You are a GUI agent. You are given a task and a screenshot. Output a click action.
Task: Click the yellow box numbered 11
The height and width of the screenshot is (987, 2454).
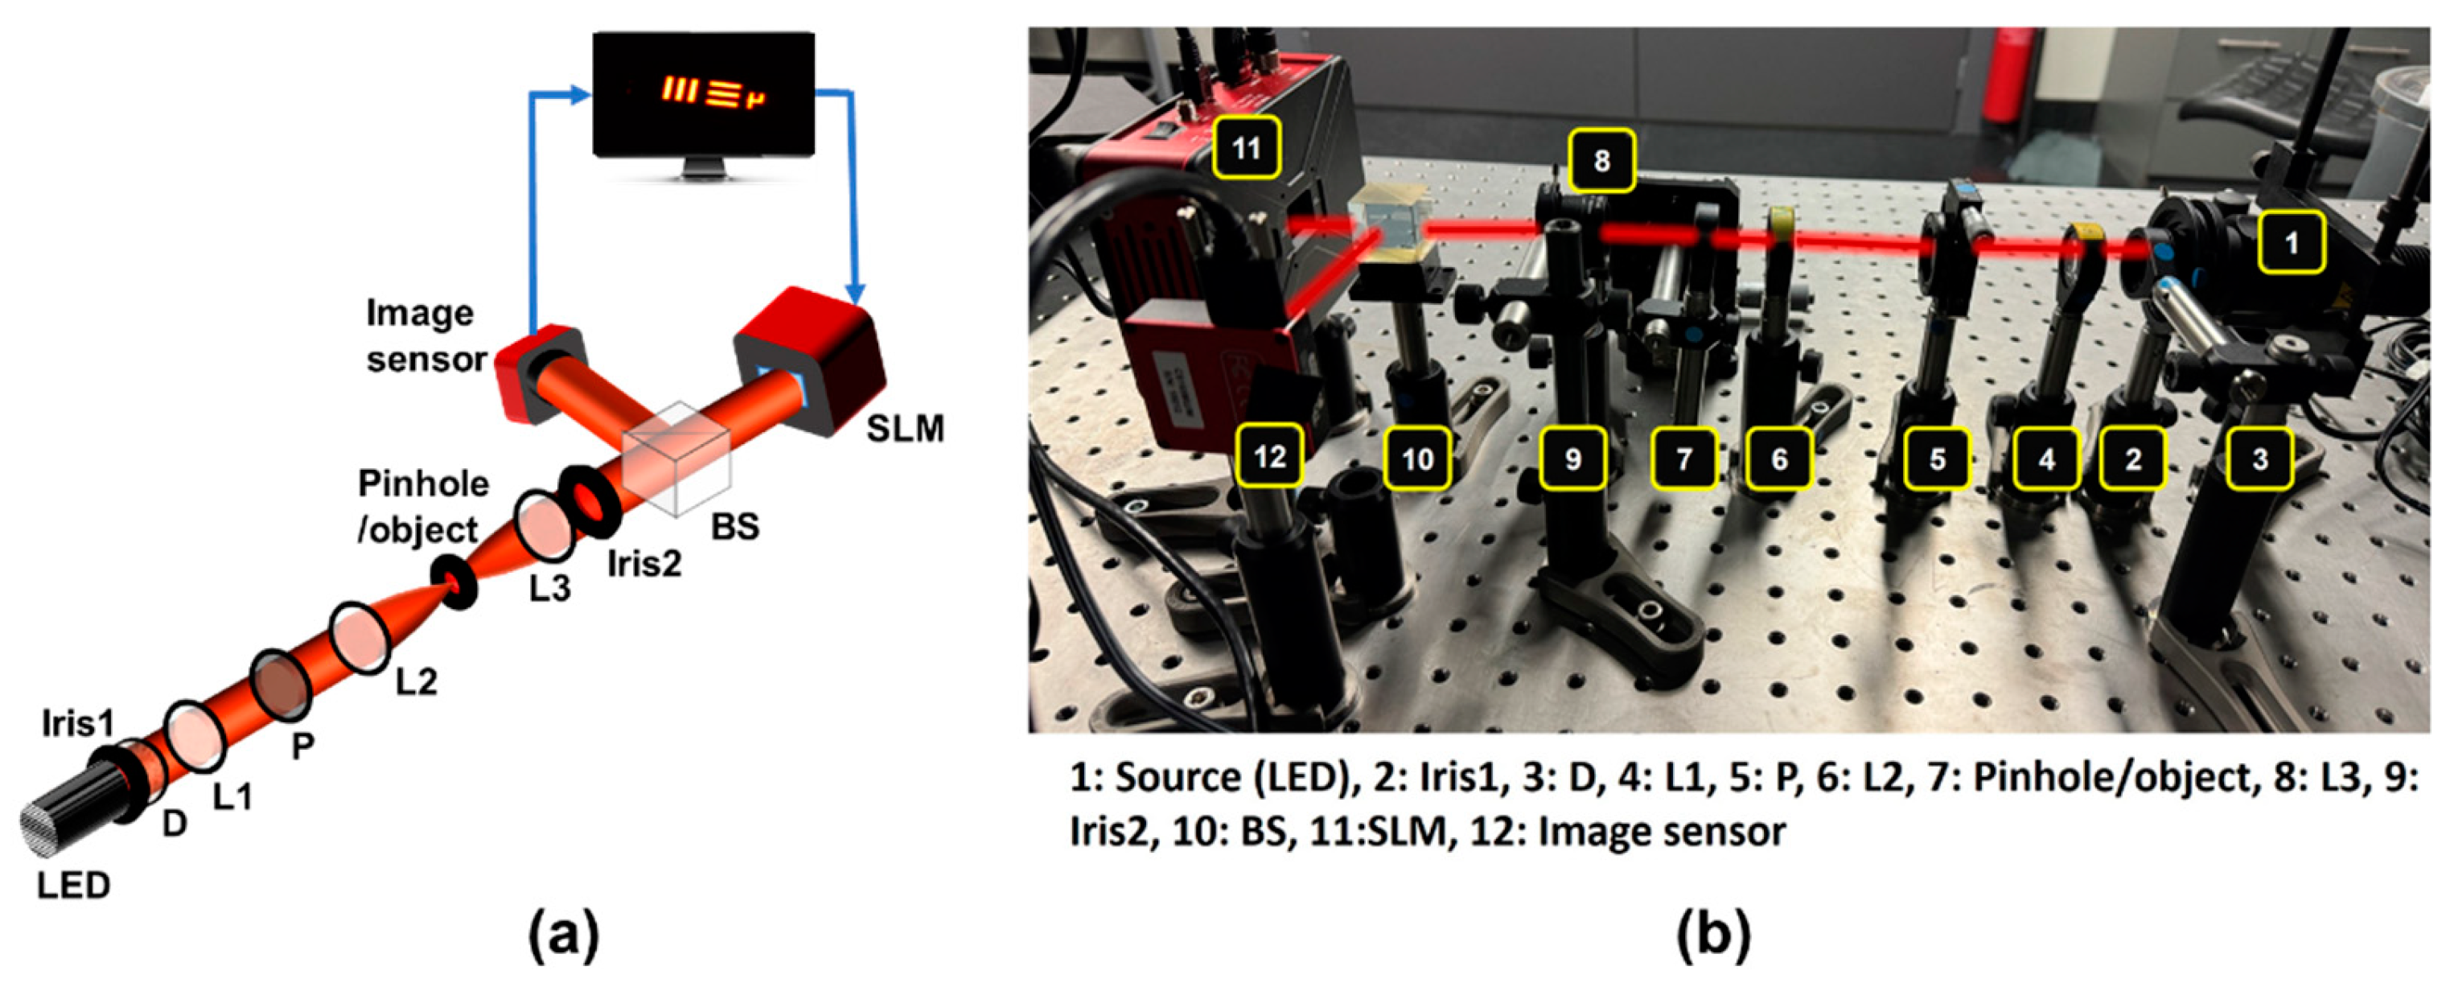tap(1247, 149)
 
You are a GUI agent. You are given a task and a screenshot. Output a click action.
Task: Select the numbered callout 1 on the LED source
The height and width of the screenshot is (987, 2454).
tap(2291, 244)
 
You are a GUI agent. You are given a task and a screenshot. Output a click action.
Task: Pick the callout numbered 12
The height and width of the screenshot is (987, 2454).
tap(1270, 457)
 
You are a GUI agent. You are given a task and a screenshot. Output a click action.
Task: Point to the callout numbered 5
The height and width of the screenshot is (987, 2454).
tap(1937, 459)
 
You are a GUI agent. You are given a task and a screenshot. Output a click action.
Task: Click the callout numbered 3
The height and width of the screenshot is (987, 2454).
tap(2259, 459)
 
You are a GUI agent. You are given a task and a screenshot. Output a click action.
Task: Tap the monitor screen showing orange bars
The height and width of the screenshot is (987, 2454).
tap(703, 93)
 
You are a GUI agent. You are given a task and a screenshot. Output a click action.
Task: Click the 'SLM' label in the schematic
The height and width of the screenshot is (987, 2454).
tap(905, 430)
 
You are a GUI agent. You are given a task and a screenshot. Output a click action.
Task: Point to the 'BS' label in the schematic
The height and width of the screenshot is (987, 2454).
tap(734, 526)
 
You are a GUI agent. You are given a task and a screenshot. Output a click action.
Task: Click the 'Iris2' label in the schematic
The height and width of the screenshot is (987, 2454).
tap(645, 564)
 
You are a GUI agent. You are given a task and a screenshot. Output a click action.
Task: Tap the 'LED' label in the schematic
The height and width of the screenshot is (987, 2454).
tap(73, 886)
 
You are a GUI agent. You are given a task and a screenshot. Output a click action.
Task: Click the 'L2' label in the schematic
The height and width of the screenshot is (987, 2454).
tap(417, 681)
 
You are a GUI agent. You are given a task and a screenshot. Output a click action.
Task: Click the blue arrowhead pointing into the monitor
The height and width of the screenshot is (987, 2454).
tap(579, 93)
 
